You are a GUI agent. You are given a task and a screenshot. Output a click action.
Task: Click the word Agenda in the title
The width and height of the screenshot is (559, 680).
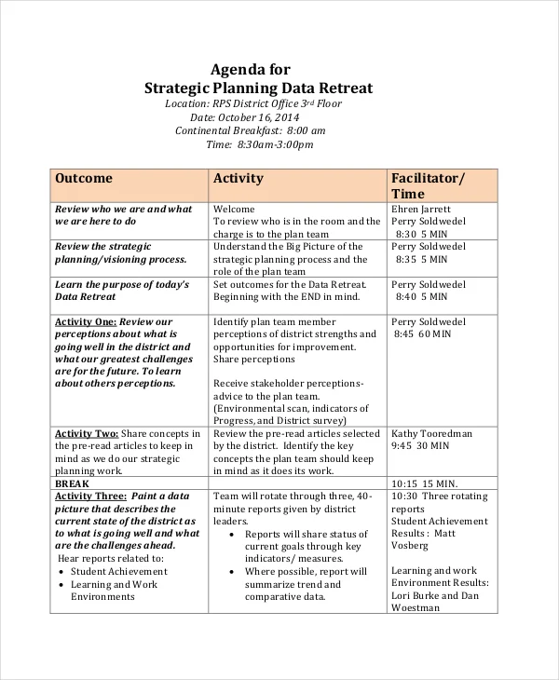point(239,69)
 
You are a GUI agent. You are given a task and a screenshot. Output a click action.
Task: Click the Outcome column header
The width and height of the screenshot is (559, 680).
point(83,178)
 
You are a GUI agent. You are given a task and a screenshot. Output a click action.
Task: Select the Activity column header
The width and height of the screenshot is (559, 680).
point(239,178)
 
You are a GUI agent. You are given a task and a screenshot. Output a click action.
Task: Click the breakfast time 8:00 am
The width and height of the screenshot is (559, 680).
point(307,130)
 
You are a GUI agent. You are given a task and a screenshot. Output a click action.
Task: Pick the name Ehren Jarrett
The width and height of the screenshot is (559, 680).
point(421,209)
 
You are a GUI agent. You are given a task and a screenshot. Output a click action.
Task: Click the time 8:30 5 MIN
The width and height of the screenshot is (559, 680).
point(423,234)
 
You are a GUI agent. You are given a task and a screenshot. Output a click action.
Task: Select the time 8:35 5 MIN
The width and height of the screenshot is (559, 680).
point(423,259)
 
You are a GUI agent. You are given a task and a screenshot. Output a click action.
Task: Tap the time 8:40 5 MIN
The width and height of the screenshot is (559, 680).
point(423,296)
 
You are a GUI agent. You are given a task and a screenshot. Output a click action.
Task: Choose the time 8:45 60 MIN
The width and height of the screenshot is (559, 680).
point(423,333)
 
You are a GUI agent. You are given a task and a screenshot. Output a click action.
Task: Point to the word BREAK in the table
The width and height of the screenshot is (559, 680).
point(72,484)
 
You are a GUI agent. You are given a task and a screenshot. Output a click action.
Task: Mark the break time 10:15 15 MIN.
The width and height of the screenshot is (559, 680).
point(424,484)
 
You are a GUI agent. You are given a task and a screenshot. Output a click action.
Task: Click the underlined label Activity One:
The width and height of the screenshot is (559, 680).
point(86,321)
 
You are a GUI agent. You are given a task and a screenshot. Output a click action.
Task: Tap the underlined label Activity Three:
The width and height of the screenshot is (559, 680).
point(90,496)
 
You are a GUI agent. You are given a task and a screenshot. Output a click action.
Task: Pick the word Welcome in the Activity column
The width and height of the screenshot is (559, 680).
point(234,209)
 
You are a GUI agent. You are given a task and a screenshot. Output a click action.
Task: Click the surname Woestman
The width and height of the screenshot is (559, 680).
point(416,607)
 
